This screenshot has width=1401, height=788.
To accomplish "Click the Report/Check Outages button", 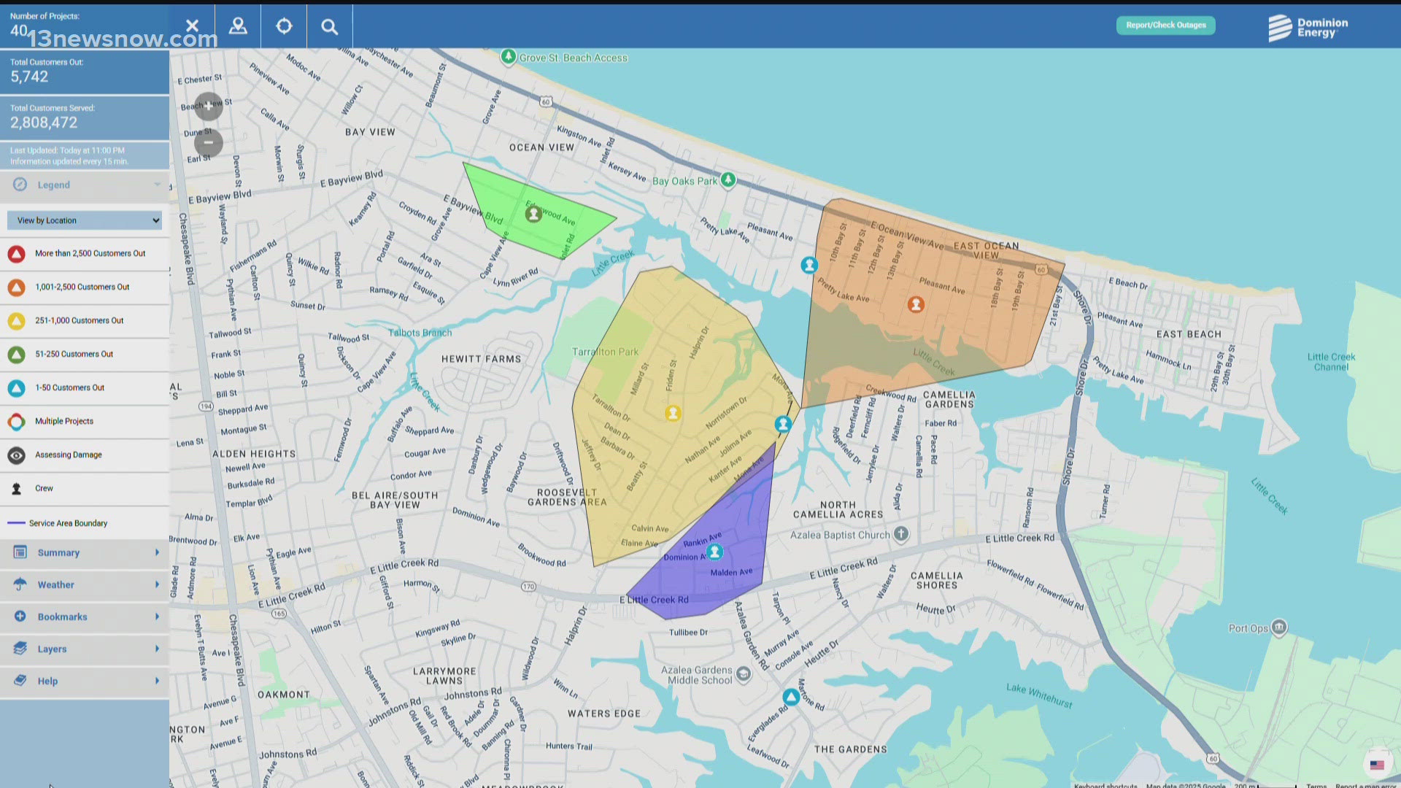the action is [x=1165, y=26].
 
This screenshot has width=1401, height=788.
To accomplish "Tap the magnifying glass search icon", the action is [x=330, y=27].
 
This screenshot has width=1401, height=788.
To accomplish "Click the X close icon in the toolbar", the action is [x=192, y=26].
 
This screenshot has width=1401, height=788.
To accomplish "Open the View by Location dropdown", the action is [x=85, y=220].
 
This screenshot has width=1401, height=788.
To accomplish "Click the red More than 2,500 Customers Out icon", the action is [x=17, y=254].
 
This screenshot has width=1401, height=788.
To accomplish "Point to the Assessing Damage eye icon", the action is [x=17, y=455].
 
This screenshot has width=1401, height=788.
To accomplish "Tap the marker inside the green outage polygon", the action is [x=533, y=214].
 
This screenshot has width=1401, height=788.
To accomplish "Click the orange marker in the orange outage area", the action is [x=916, y=304].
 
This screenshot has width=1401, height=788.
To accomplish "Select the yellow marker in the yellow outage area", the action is [x=673, y=414].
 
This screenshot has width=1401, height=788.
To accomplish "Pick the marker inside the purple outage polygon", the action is [x=715, y=552].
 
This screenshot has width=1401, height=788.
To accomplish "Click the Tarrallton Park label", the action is [x=605, y=352].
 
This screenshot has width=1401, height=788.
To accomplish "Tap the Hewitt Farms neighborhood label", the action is [x=481, y=359].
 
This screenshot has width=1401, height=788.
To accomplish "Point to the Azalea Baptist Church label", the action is [x=840, y=535].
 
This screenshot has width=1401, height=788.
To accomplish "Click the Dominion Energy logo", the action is [x=1308, y=28].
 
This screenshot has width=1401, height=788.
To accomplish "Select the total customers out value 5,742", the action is [x=29, y=77].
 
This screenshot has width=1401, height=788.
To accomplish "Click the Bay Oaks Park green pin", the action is [x=728, y=179].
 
